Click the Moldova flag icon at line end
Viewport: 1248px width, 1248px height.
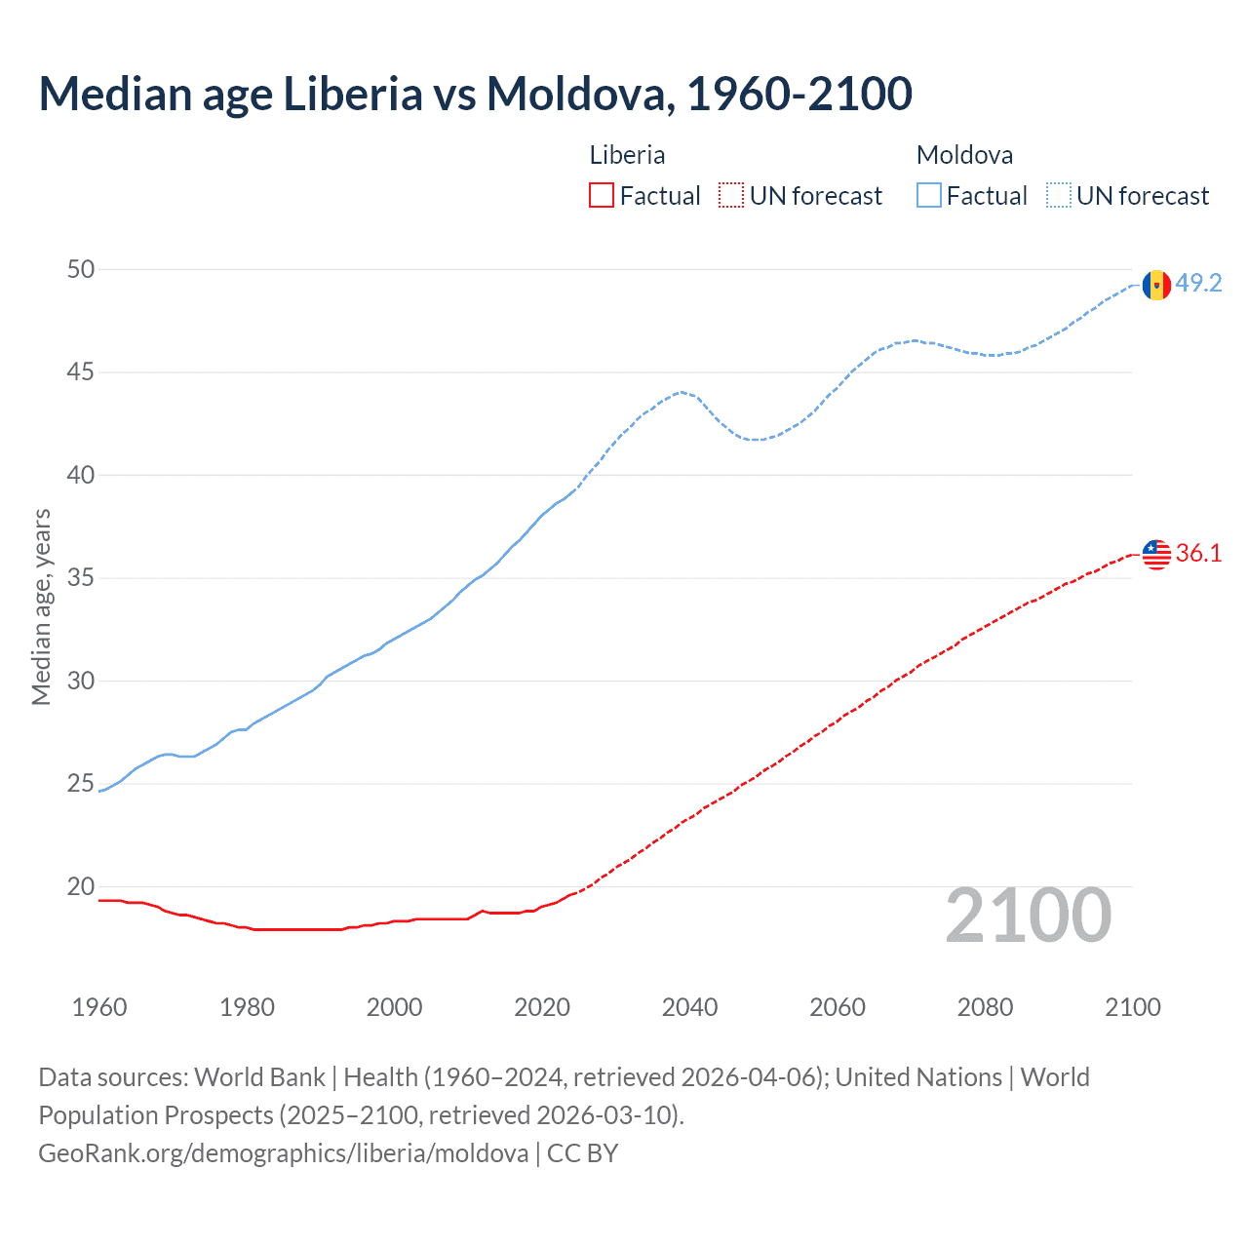tap(1156, 285)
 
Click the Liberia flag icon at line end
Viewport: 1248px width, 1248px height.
tap(1156, 554)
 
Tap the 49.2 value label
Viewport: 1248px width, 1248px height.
tap(1198, 284)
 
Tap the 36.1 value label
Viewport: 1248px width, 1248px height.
tap(1198, 554)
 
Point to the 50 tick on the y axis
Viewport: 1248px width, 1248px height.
tap(81, 269)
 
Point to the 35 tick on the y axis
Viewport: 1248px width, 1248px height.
tap(81, 578)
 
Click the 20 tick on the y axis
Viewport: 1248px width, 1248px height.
tap(81, 886)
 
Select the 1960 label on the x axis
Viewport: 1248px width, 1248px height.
tap(99, 1007)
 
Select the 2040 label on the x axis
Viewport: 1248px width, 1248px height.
tap(689, 1007)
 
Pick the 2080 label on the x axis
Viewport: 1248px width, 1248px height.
tap(985, 1007)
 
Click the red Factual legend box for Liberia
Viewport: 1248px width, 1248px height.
tap(602, 196)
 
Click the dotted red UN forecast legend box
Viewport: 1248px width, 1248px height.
tap(731, 196)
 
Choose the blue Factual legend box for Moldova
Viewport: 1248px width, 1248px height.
tap(928, 196)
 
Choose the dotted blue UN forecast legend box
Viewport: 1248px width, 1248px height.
tap(1058, 196)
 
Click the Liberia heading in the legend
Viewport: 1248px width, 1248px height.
tap(627, 155)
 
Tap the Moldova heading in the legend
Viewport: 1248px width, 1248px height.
tap(964, 155)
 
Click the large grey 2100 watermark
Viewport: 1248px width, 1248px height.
tap(1028, 916)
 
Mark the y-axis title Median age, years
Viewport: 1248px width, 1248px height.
tap(41, 606)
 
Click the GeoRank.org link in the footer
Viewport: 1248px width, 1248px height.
tap(283, 1153)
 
